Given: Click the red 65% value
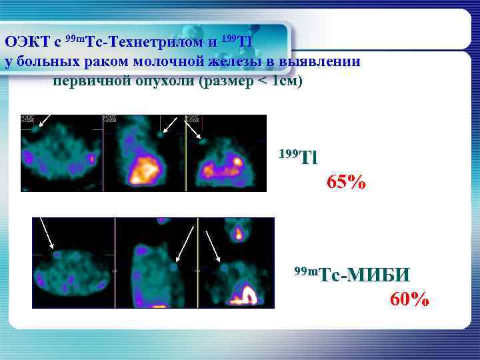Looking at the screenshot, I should (347, 181).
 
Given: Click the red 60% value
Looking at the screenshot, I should (409, 299).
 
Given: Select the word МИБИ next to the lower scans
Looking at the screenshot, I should (378, 274).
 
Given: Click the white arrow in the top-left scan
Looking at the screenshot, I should (44, 119).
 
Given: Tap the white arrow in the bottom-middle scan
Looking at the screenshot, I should (184, 243).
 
